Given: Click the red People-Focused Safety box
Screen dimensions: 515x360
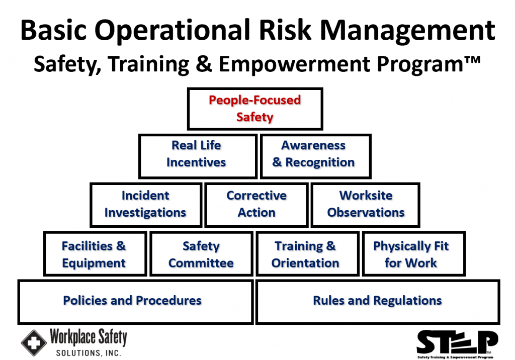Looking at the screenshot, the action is click(255, 109).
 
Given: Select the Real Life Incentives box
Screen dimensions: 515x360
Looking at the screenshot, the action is click(198, 156).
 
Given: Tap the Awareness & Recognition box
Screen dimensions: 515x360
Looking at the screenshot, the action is click(316, 156).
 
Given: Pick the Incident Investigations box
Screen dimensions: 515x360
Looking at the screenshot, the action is click(146, 205).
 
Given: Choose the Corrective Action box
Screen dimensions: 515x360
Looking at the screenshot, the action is click(256, 205).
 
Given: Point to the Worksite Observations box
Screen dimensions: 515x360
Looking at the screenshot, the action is click(366, 205).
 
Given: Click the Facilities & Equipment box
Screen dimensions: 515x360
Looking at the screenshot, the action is click(95, 254).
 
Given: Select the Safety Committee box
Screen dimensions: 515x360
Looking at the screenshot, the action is click(201, 254).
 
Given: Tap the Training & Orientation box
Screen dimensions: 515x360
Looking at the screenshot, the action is click(308, 254).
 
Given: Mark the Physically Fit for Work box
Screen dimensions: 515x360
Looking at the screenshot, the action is click(414, 254).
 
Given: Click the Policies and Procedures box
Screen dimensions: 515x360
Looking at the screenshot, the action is click(135, 302).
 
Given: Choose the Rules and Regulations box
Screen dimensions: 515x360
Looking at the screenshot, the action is click(378, 302).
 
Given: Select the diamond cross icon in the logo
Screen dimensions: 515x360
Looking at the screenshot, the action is click(34, 343).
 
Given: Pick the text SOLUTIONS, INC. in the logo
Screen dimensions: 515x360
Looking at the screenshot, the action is click(89, 353).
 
